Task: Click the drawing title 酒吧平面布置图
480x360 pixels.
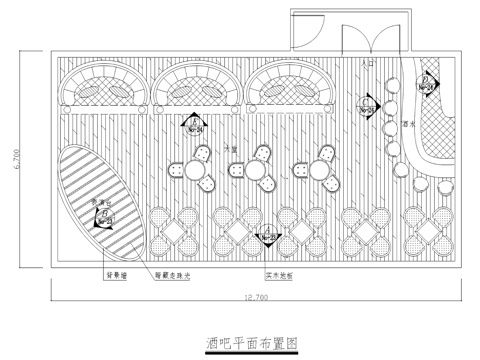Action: (x=254, y=340)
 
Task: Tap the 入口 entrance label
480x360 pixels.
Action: (x=364, y=62)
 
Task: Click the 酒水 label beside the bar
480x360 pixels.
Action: (x=407, y=124)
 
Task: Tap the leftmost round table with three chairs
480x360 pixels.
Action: (x=191, y=169)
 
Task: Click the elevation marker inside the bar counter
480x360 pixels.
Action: (x=427, y=83)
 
